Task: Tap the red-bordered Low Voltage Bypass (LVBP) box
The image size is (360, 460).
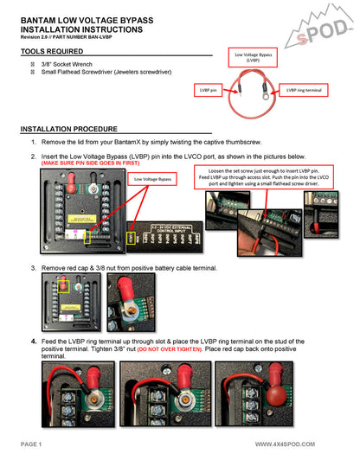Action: (x=252, y=58)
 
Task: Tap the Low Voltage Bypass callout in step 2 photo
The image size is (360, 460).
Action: (x=151, y=179)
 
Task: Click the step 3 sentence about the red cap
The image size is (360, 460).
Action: (x=130, y=268)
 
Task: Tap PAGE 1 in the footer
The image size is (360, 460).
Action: (x=29, y=444)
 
